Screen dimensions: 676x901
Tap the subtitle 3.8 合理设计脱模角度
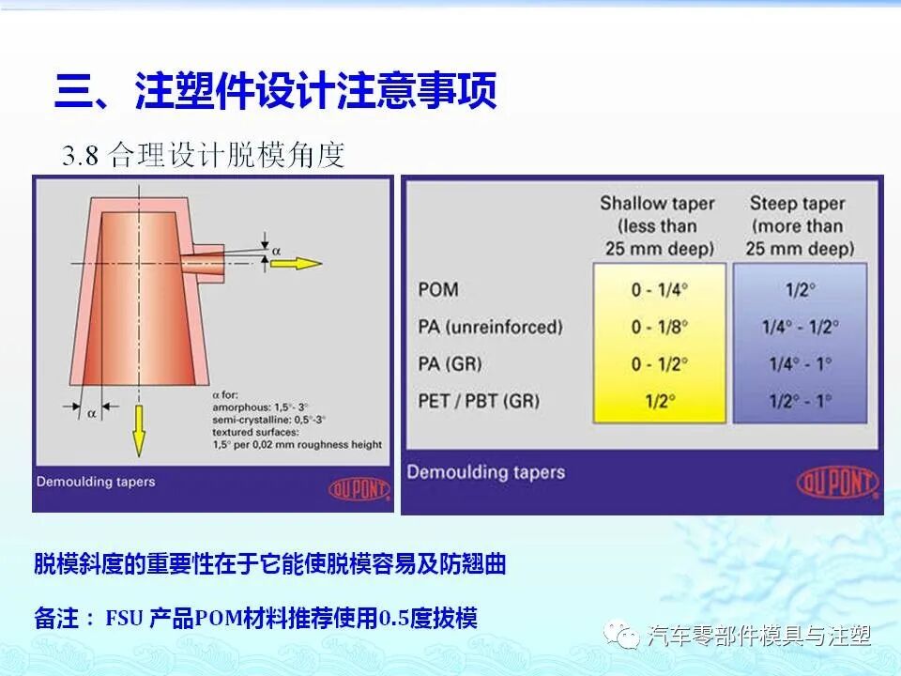[x=204, y=155]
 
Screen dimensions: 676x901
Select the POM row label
[x=437, y=288]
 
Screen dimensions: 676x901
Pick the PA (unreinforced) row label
[x=489, y=327]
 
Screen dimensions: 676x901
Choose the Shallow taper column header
[x=657, y=225]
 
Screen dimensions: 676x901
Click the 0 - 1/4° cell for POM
[x=658, y=289]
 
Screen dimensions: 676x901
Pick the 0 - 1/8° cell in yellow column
[x=658, y=327]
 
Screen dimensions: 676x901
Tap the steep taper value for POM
[x=800, y=289]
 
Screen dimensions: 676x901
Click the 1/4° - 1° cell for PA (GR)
[x=800, y=364]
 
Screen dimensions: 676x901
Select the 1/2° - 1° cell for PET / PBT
[x=800, y=402]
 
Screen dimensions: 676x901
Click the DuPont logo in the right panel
[x=837, y=483]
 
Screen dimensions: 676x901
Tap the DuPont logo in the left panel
[x=359, y=488]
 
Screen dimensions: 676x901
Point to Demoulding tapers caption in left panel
[x=96, y=482]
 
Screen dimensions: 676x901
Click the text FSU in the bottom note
[x=124, y=619]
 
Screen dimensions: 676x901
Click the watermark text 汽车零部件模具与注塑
[x=758, y=637]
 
